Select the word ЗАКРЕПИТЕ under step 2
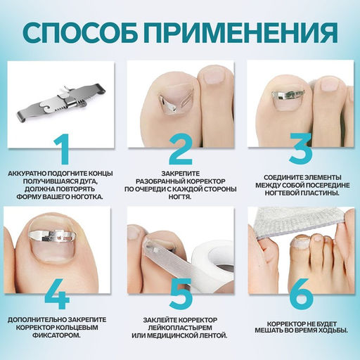click(x=181, y=171)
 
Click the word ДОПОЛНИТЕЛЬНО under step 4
click(x=39, y=319)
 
